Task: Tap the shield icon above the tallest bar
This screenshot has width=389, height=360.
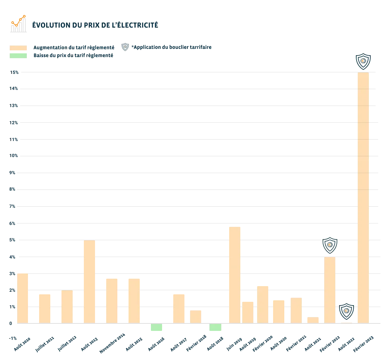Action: click(x=363, y=60)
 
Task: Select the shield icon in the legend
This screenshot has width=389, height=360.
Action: click(x=125, y=47)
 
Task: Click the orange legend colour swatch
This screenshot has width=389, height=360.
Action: click(x=18, y=48)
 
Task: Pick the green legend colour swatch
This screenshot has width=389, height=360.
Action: click(x=18, y=56)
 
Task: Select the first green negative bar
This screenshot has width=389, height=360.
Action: click(x=156, y=327)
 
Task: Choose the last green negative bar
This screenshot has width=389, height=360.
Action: click(x=216, y=327)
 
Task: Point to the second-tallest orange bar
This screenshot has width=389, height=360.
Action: click(x=234, y=275)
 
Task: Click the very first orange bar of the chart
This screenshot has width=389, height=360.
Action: click(x=23, y=297)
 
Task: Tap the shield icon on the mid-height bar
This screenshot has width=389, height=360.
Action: click(x=329, y=245)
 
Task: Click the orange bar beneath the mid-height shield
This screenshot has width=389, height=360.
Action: click(x=329, y=290)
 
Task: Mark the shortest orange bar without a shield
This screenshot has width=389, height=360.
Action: click(x=313, y=319)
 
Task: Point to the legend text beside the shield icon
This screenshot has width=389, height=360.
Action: click(x=172, y=47)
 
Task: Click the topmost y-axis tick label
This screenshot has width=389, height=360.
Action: click(x=14, y=72)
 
